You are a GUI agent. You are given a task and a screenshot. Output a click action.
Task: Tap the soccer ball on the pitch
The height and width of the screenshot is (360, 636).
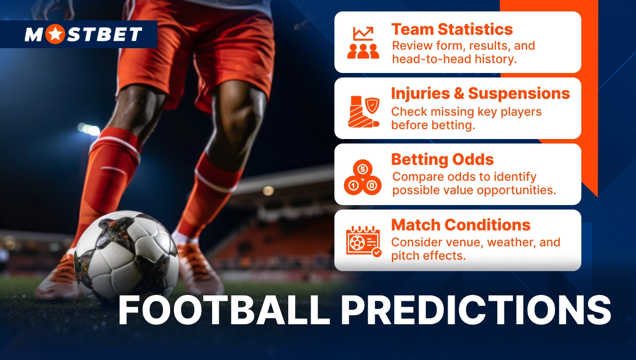pyautogui.click(x=126, y=258)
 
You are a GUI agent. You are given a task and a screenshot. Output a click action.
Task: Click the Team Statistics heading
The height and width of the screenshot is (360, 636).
pyautogui.click(x=452, y=29)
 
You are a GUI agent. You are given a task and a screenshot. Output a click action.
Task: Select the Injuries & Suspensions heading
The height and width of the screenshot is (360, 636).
pyautogui.click(x=480, y=93)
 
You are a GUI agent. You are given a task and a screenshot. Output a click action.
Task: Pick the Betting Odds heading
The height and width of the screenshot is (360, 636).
pyautogui.click(x=442, y=159)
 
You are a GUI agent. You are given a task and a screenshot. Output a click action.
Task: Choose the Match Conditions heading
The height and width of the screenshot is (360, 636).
pyautogui.click(x=461, y=225)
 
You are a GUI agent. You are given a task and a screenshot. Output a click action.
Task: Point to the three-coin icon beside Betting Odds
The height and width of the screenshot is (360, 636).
pyautogui.click(x=362, y=177)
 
